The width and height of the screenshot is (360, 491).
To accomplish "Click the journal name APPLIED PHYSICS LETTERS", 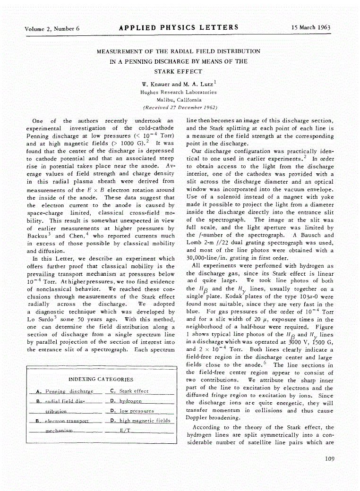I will (x=179, y=27).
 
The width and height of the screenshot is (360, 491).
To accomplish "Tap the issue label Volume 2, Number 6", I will (x=52, y=28).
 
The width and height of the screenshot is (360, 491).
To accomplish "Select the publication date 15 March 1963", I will (x=311, y=27).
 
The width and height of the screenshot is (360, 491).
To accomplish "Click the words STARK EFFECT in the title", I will (x=178, y=72).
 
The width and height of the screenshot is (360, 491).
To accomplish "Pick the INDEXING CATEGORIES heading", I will (x=101, y=379).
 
